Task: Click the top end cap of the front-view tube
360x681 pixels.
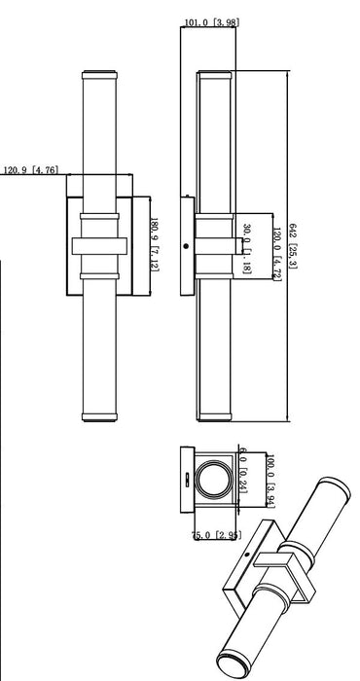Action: pos(99,74)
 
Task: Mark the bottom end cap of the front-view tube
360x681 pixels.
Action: pos(99,419)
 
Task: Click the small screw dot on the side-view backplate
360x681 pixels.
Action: pos(187,246)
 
